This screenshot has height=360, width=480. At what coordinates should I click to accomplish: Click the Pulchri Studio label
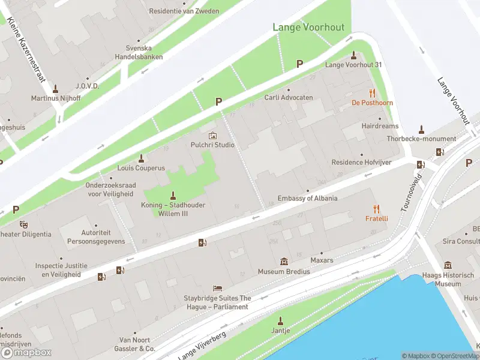pos(212,145)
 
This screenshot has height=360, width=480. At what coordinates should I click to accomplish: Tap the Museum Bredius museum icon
pos(284,261)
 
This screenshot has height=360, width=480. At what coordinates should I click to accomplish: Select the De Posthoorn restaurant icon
pos(372,93)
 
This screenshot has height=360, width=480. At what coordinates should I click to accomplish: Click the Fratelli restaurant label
pos(377,218)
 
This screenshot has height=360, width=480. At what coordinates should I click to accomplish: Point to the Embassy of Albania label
pos(307,199)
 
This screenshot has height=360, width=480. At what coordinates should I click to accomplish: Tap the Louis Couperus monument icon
pos(142,158)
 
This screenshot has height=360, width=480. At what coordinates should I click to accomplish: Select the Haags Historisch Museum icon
pos(448,265)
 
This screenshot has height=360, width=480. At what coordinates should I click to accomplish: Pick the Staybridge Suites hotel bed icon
pos(217,289)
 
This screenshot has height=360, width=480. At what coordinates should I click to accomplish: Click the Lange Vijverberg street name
pos(202,346)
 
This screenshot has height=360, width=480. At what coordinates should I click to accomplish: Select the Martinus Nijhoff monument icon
pos(56,88)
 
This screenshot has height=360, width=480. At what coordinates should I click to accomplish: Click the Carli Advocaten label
pos(288,97)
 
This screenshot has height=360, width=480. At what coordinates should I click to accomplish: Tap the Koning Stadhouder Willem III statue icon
pos(173,195)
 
